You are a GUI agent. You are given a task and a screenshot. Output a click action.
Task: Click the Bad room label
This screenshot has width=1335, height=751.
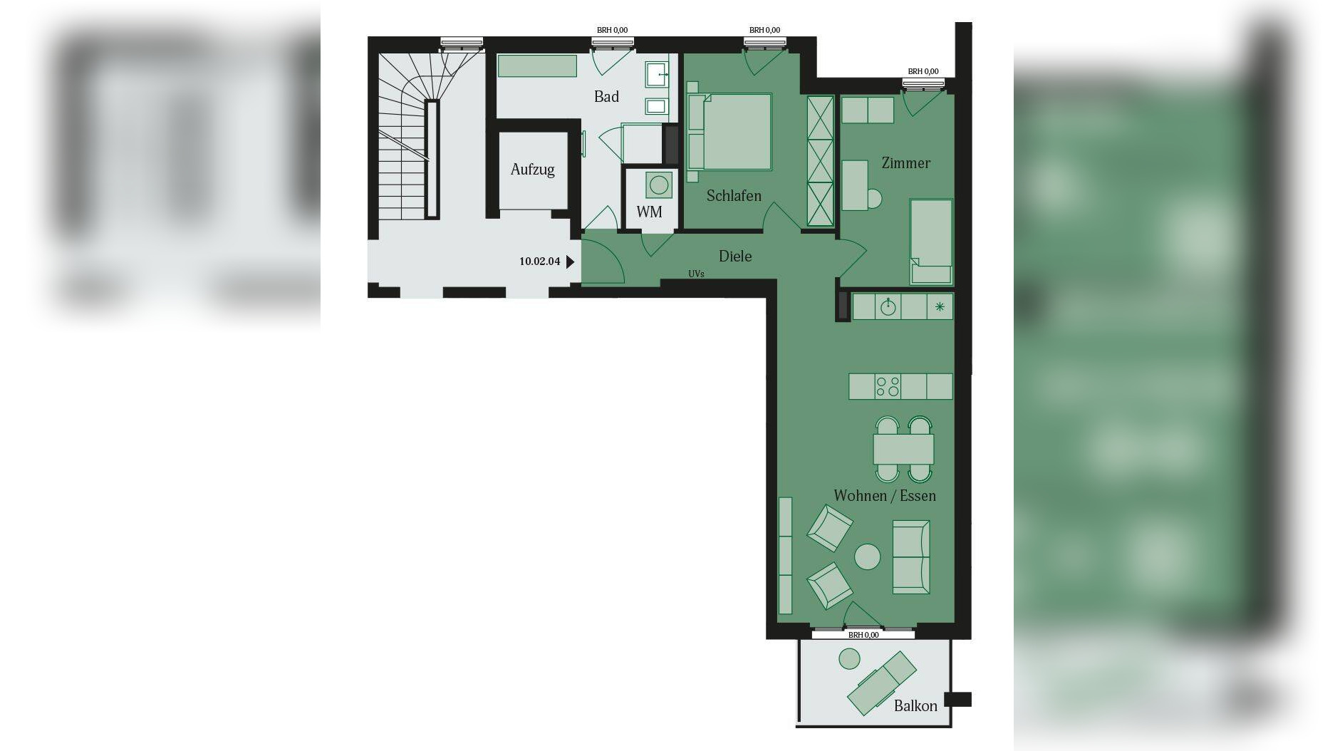coord(606,97)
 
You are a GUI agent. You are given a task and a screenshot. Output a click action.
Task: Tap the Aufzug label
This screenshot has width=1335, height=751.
coord(532,170)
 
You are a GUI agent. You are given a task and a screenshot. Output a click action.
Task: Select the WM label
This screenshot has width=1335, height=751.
coord(649,212)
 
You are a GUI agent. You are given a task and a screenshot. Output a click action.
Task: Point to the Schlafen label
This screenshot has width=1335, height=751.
coord(734,196)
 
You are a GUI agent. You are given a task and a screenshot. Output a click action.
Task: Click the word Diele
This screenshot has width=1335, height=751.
coord(735,257)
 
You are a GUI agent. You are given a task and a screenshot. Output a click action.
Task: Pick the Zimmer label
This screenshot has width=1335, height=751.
coord(905,163)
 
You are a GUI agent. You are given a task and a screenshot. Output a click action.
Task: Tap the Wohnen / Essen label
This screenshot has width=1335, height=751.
coord(885,496)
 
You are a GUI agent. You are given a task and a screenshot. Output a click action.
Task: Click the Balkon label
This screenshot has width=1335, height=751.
coord(915,706)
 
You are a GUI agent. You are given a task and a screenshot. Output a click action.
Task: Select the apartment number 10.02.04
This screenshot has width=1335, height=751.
coord(539,261)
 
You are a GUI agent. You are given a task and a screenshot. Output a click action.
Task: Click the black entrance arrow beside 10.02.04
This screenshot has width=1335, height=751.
coord(570,261)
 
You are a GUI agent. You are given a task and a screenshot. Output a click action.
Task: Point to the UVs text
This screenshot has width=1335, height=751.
coord(696,274)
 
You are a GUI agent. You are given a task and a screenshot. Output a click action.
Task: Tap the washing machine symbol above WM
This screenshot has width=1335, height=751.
coord(659,185)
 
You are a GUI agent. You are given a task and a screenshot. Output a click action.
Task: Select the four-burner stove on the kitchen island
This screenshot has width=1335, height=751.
coord(888,387)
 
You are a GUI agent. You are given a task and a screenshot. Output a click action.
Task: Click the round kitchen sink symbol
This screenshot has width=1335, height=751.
coord(888,307)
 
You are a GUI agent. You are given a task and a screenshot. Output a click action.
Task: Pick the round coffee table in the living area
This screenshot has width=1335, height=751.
coord(867,556)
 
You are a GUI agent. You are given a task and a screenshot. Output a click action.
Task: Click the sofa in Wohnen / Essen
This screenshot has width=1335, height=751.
coord(911,556)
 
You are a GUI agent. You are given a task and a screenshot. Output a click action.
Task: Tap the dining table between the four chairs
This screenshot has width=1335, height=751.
coord(903,449)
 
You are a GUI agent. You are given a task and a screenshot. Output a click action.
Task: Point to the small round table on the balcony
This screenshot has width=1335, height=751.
coord(849,659)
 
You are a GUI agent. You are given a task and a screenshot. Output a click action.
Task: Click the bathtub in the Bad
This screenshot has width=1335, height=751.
coord(537,66)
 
